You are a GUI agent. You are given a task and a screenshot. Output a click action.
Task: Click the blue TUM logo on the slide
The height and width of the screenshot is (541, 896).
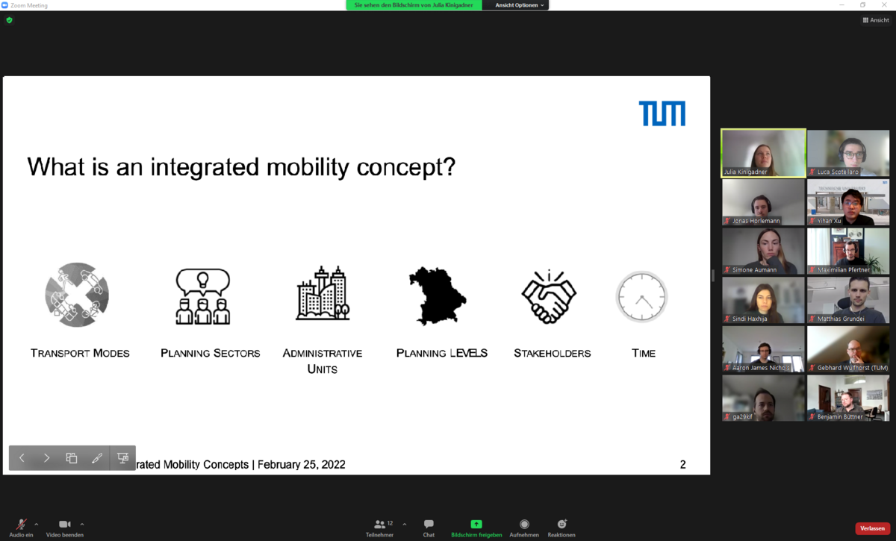coord(662,113)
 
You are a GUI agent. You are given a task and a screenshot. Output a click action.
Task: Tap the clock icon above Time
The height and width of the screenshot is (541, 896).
coord(641,297)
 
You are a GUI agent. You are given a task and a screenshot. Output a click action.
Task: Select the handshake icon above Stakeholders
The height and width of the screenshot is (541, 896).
coord(549,297)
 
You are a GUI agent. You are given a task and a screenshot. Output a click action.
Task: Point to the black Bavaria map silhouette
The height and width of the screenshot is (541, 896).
coord(437,296)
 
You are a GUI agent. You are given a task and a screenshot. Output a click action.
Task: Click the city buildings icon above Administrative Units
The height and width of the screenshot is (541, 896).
coord(323,294)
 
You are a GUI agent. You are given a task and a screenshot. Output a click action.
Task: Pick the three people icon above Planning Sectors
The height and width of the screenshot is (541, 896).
coord(203,297)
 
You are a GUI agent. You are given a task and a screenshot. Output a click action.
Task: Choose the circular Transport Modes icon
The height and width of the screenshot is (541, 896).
coord(77,295)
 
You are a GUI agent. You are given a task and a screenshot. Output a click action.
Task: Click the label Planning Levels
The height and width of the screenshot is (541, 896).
coord(441,353)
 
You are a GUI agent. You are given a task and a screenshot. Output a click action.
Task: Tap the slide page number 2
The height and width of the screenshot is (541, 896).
coord(682,465)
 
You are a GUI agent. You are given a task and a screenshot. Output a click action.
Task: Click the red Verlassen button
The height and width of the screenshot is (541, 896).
coord(872,528)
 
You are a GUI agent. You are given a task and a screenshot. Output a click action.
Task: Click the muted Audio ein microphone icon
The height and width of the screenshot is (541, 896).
coord(22,525)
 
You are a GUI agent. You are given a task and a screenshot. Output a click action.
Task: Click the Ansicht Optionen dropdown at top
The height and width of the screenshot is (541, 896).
coord(519,5)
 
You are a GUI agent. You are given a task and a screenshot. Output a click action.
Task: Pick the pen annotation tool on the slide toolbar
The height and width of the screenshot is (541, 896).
coord(97,458)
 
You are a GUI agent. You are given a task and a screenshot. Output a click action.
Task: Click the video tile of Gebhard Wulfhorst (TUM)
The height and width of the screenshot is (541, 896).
coord(848,349)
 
